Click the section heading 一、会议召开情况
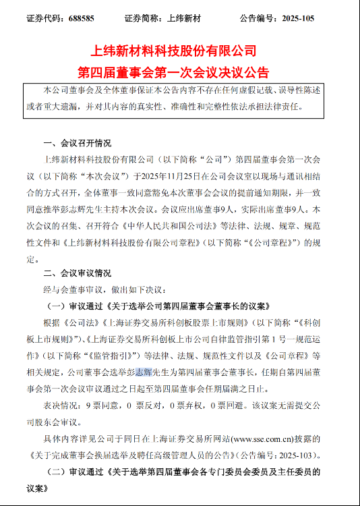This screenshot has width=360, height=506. click(x=77, y=144)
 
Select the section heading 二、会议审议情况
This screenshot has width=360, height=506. click(x=77, y=273)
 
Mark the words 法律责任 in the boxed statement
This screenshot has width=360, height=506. click(x=286, y=106)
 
